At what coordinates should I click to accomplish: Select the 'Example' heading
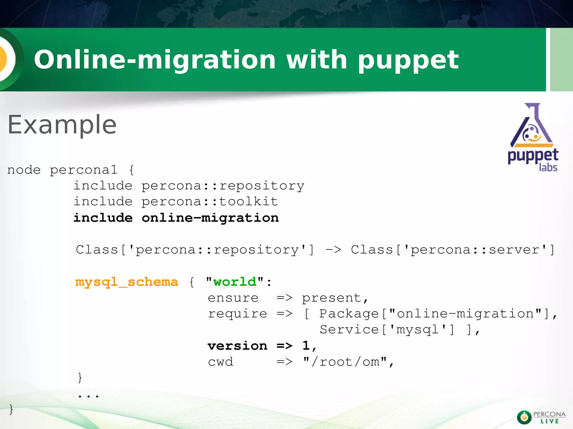62,125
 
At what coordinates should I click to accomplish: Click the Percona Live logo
541,417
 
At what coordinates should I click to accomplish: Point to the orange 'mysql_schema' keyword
126,282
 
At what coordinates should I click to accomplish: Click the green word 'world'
234,282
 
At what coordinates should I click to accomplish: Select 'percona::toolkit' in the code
210,202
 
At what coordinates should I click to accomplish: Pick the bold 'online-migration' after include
210,218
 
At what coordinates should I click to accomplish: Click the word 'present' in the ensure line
332,298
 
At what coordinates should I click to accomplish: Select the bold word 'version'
237,346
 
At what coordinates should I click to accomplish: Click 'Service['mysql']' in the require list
387,330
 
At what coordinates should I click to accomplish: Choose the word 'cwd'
220,362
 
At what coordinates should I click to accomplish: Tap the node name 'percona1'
83,170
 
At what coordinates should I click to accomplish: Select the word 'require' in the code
237,314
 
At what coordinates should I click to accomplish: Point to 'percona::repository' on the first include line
223,186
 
